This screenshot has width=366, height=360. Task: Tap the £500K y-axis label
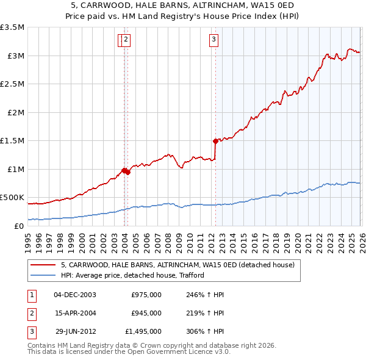coord(13,198)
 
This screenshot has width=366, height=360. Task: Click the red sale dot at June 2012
coord(215,141)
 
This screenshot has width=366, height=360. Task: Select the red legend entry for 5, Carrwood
coord(178,265)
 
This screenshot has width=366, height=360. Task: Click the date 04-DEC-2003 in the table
coord(74,295)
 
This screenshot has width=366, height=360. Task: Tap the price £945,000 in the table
coord(146,313)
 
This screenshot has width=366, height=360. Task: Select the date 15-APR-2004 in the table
coord(74,313)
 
